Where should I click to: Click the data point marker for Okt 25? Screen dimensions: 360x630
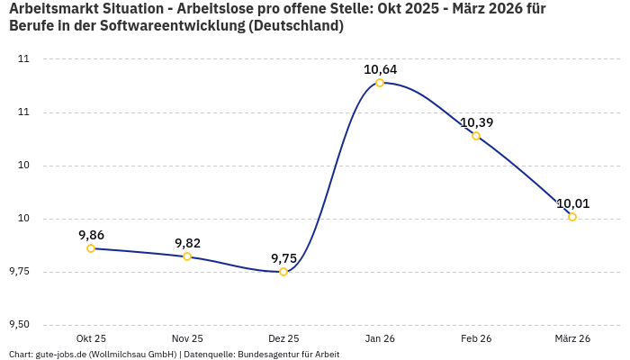tap(91, 248)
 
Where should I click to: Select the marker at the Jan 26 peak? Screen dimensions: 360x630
tap(380, 83)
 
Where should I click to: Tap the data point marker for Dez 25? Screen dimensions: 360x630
tap(283, 272)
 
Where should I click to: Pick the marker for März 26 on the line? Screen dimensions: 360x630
tap(572, 217)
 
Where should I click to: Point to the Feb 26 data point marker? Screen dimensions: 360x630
tap(476, 136)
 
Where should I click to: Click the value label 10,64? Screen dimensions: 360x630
tap(380, 69)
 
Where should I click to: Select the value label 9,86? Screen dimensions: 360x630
tap(91, 235)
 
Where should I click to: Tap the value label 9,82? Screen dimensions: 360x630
tap(187, 243)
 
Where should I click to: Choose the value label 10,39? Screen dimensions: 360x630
tap(476, 122)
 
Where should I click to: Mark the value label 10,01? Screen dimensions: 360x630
tap(572, 203)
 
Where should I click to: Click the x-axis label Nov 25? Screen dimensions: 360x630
tap(187, 338)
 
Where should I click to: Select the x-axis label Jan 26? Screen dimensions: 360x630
tap(380, 338)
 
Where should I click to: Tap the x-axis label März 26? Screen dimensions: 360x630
tap(572, 338)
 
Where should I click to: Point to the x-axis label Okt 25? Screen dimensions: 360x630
tap(91, 338)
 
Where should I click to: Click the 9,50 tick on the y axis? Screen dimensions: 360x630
tap(19, 325)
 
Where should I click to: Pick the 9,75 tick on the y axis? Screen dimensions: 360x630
tap(19, 272)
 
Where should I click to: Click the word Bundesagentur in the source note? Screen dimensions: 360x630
tap(269, 355)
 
